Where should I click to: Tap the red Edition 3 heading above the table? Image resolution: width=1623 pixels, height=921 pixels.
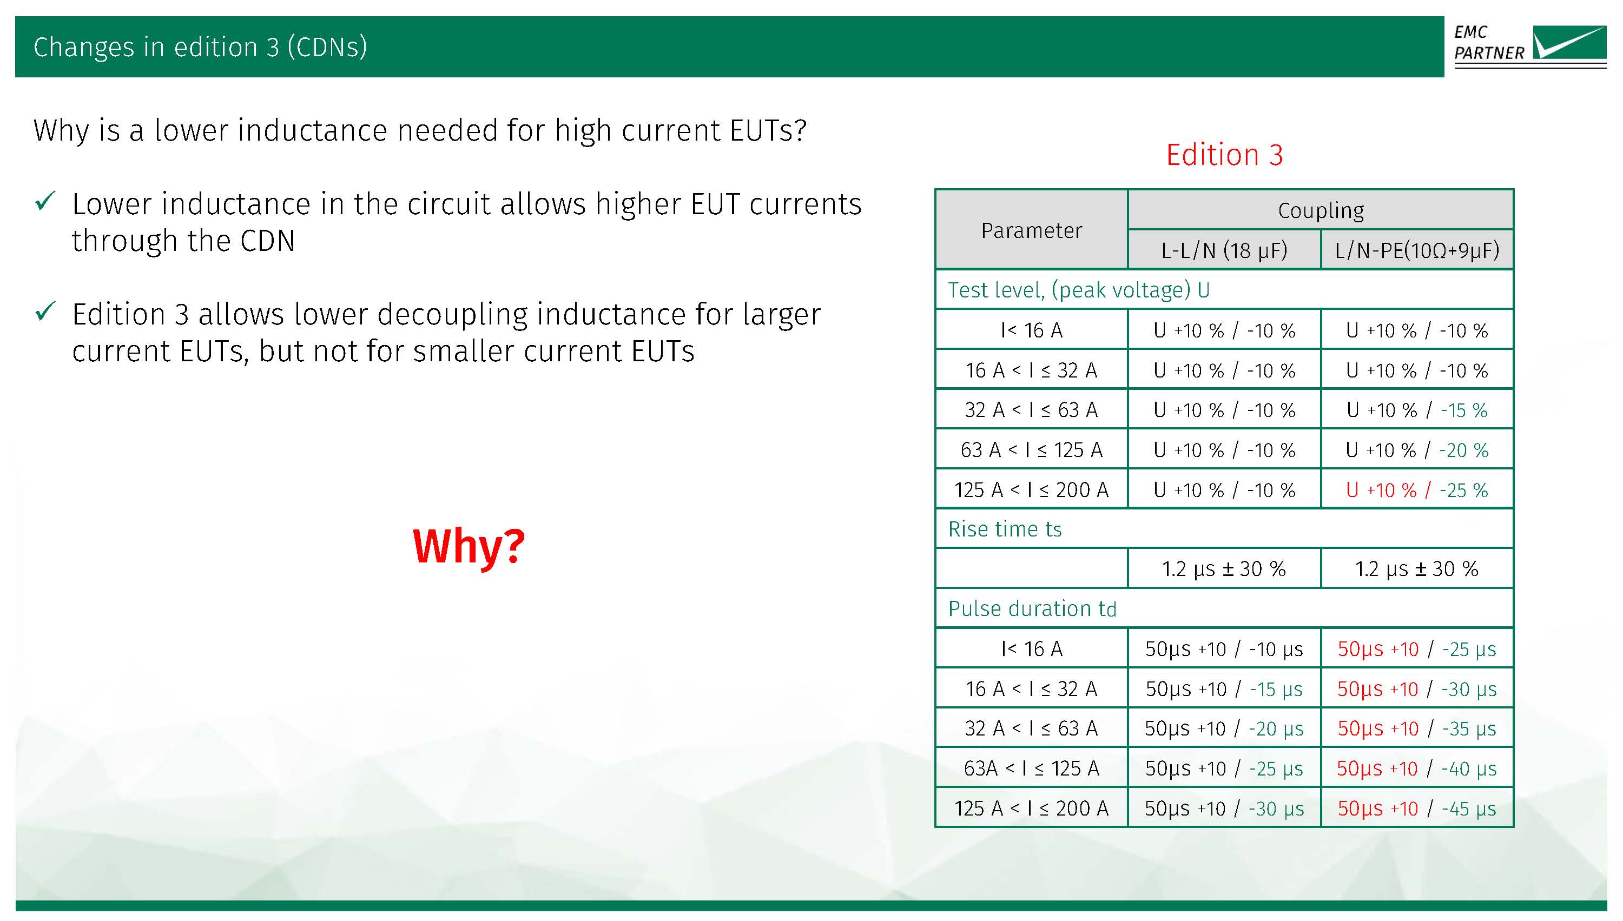click(x=1224, y=155)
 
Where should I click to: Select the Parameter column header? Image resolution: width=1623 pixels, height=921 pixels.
click(x=1031, y=230)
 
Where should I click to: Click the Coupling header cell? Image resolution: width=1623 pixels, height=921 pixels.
click(x=1321, y=210)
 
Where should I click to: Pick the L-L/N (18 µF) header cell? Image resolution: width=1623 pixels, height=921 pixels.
click(x=1224, y=250)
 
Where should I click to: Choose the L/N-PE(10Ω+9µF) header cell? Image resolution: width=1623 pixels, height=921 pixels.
click(x=1417, y=250)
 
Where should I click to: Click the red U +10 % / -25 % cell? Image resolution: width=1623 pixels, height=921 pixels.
click(x=1417, y=489)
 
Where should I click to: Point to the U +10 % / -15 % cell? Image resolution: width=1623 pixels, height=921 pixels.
click(x=1417, y=410)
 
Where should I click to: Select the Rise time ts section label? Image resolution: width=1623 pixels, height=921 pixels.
click(x=1005, y=529)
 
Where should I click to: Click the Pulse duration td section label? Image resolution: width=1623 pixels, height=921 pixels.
click(x=1032, y=608)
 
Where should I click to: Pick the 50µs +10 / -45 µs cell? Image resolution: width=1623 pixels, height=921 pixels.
click(x=1417, y=809)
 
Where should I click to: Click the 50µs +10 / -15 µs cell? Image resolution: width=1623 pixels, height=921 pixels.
click(x=1224, y=689)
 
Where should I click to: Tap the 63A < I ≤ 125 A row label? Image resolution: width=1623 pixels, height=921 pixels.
click(x=1031, y=768)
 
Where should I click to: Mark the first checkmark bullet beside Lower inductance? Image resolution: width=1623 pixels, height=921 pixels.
click(x=45, y=201)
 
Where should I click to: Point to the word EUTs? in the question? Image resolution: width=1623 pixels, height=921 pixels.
click(x=768, y=130)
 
